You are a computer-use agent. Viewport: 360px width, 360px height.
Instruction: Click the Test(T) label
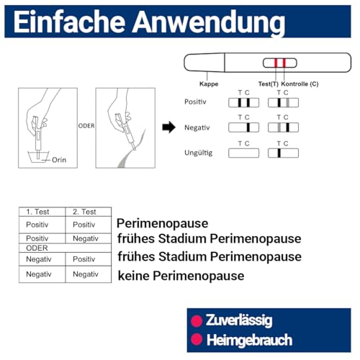268,84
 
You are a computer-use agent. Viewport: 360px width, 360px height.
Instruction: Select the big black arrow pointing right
168,128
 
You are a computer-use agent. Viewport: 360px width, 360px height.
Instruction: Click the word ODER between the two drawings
86,123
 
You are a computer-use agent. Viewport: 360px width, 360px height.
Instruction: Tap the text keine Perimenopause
180,275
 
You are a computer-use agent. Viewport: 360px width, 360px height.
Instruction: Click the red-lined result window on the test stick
279,63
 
